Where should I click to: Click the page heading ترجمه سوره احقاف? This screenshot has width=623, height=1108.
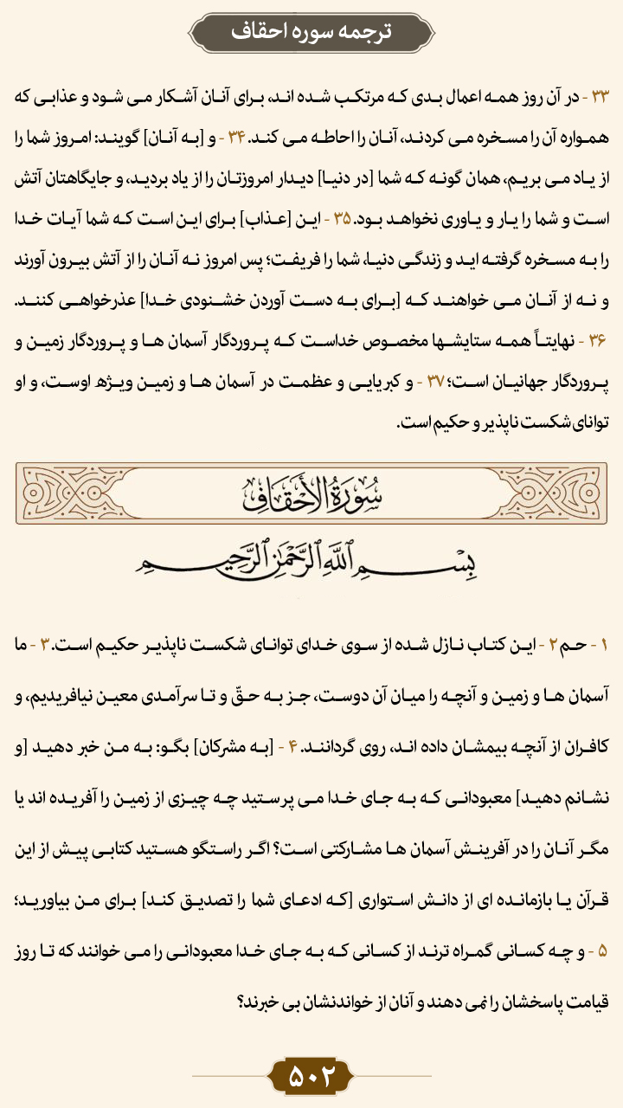click(x=311, y=32)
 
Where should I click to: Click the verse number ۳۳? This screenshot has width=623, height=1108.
click(x=601, y=98)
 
